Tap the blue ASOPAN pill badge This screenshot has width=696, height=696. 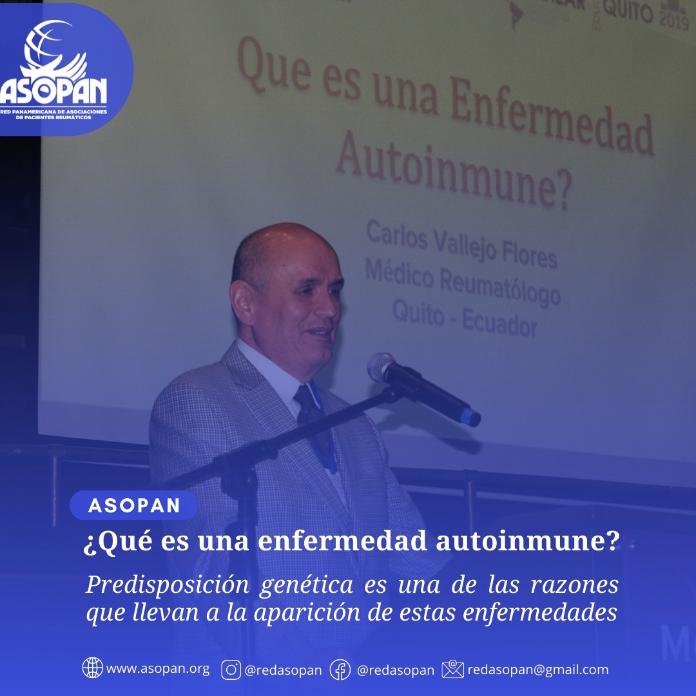click(x=133, y=505)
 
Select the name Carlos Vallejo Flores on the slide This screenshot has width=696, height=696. click(x=461, y=245)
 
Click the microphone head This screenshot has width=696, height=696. click(x=381, y=367)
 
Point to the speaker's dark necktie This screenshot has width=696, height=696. click(x=315, y=426)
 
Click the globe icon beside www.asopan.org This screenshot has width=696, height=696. click(x=92, y=668)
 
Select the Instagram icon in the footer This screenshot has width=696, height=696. click(x=231, y=670)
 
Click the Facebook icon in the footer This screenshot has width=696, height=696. click(x=340, y=670)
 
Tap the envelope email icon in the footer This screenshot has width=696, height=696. click(x=453, y=669)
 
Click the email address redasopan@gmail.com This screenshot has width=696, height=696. click(x=538, y=670)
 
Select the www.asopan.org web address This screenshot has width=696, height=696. click(x=158, y=669)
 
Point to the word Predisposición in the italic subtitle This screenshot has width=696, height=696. click(x=167, y=586)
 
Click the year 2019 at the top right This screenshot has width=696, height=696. click(x=674, y=19)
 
